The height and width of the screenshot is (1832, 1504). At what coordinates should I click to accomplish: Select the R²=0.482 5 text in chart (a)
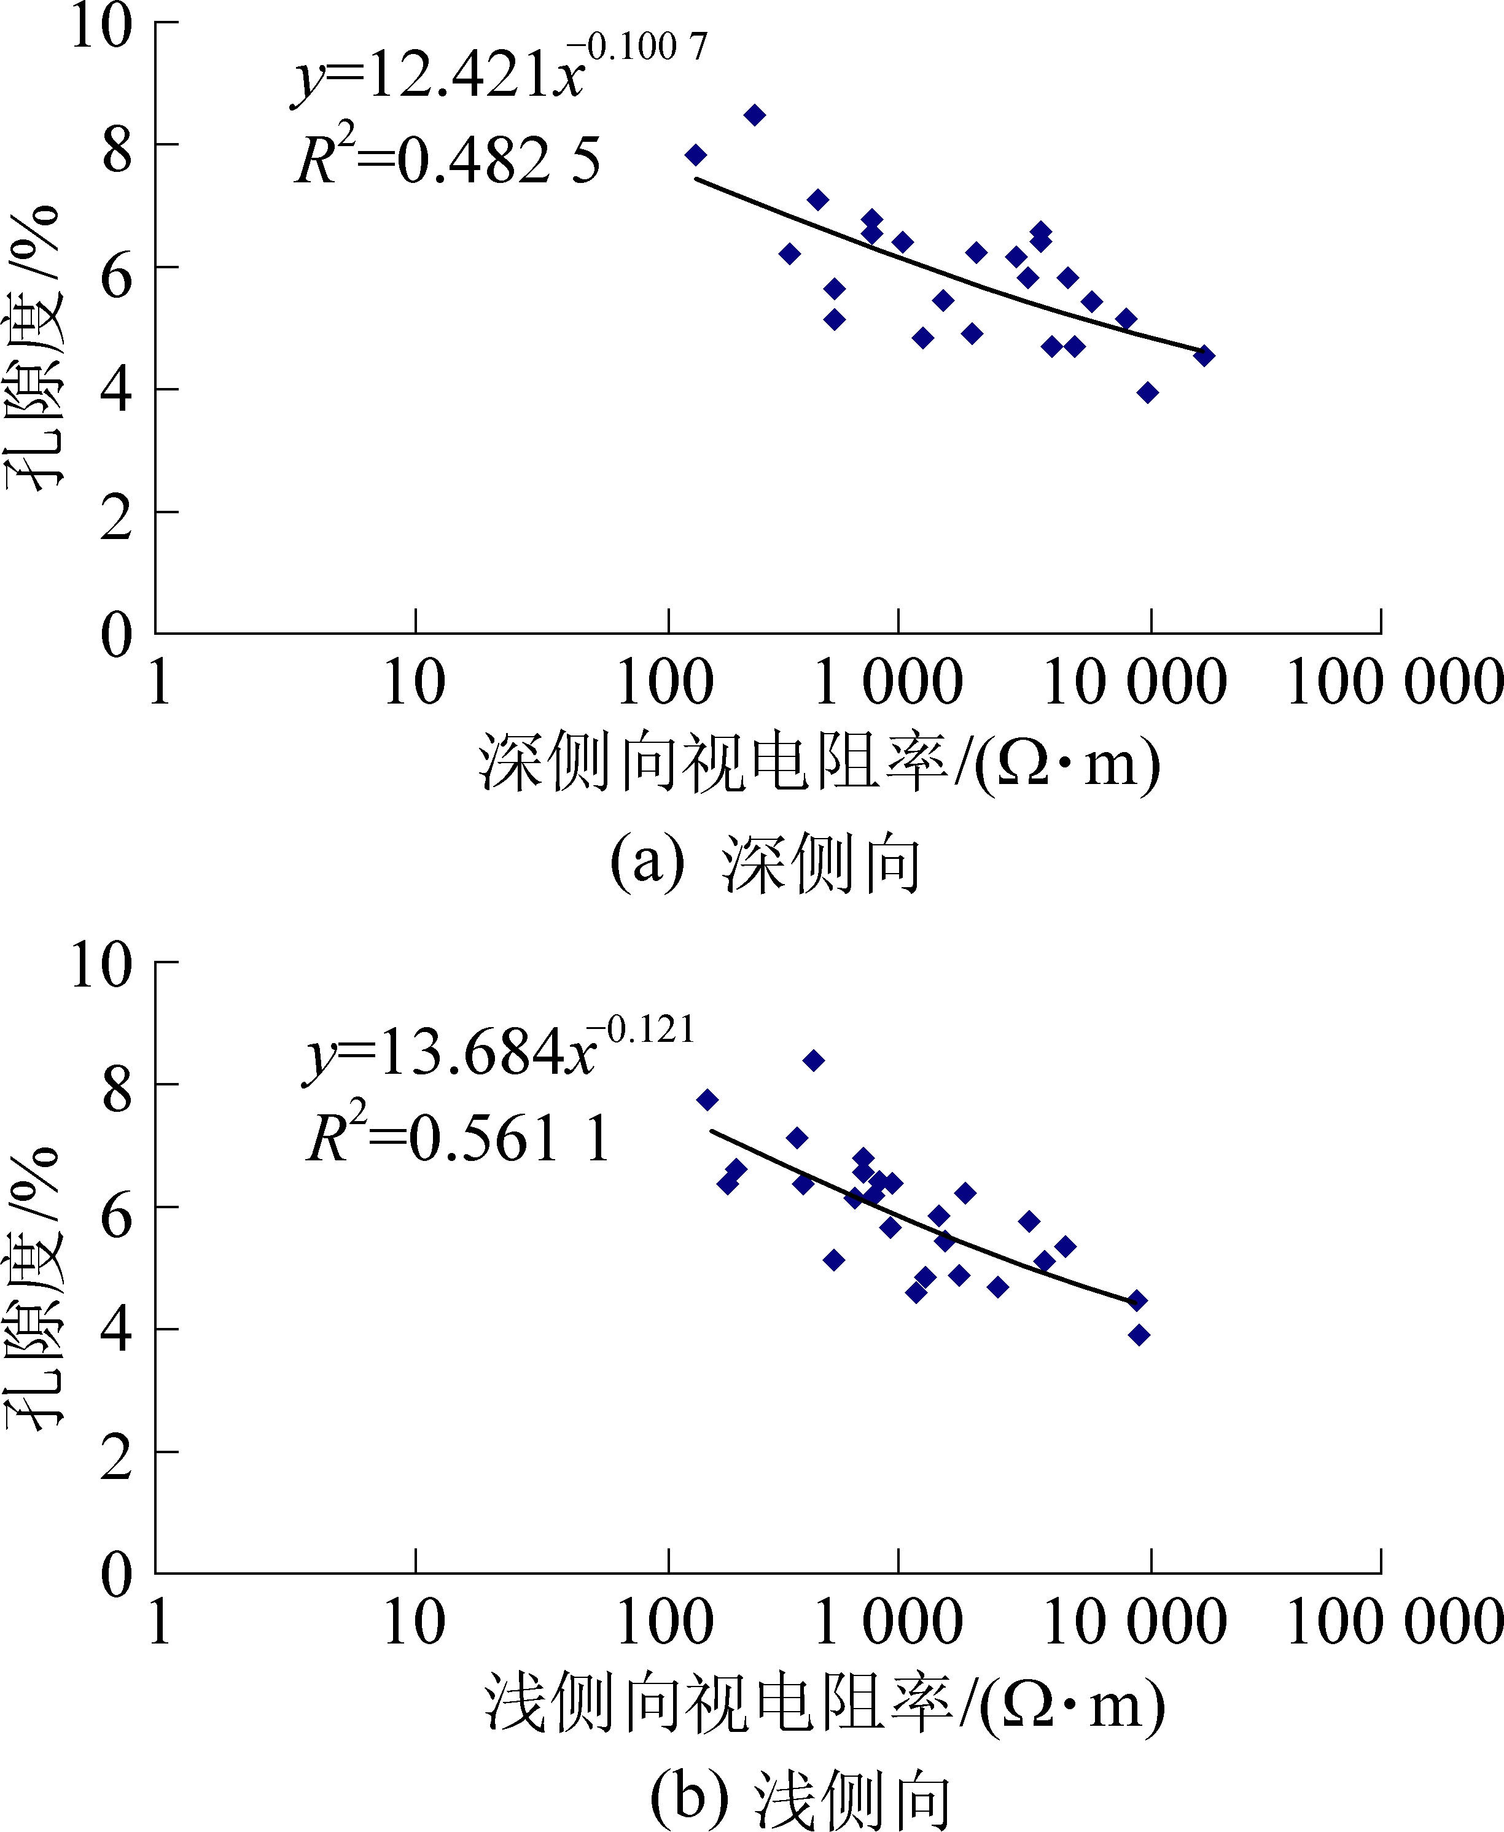click(x=447, y=160)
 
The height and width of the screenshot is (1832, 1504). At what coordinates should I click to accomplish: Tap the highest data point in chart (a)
click(x=755, y=115)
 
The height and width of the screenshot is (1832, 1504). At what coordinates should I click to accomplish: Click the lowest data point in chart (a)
click(x=1147, y=392)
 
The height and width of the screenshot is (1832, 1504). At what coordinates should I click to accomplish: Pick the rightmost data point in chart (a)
click(x=1203, y=355)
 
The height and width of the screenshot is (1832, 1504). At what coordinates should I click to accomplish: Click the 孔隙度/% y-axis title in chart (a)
click(x=34, y=346)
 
